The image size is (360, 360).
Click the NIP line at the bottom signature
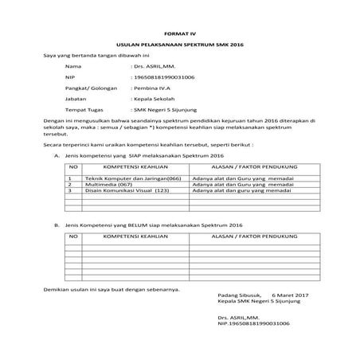(252, 324)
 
